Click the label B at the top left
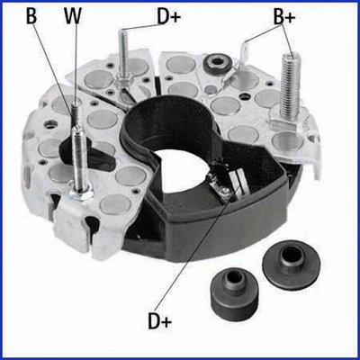pos(31,16)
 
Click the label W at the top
pos(73,16)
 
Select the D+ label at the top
pos(169,16)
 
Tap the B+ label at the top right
pos(284,17)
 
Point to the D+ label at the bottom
pos(160,320)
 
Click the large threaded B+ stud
pos(290,85)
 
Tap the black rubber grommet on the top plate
pos(216,62)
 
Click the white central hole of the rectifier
pos(183,171)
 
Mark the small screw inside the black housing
pos(224,190)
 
